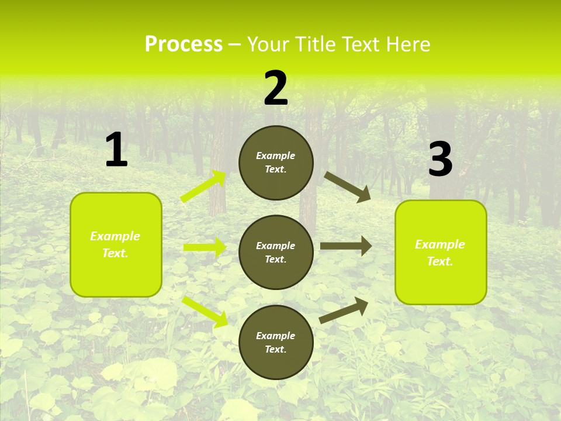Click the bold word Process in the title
pyautogui.click(x=183, y=44)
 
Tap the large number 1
pyautogui.click(x=116, y=150)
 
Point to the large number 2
pyautogui.click(x=276, y=88)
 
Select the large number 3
pyautogui.click(x=440, y=159)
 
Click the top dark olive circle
pyautogui.click(x=276, y=163)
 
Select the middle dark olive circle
pyautogui.click(x=276, y=252)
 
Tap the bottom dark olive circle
pyautogui.click(x=276, y=342)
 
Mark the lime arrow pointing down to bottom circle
pyautogui.click(x=205, y=311)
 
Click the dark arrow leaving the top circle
pyautogui.click(x=348, y=187)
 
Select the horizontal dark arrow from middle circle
pyautogui.click(x=346, y=246)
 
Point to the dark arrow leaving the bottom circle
pyautogui.click(x=344, y=310)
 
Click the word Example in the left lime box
pyautogui.click(x=115, y=236)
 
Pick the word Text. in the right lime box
pyautogui.click(x=440, y=261)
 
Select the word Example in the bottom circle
pyautogui.click(x=276, y=336)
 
